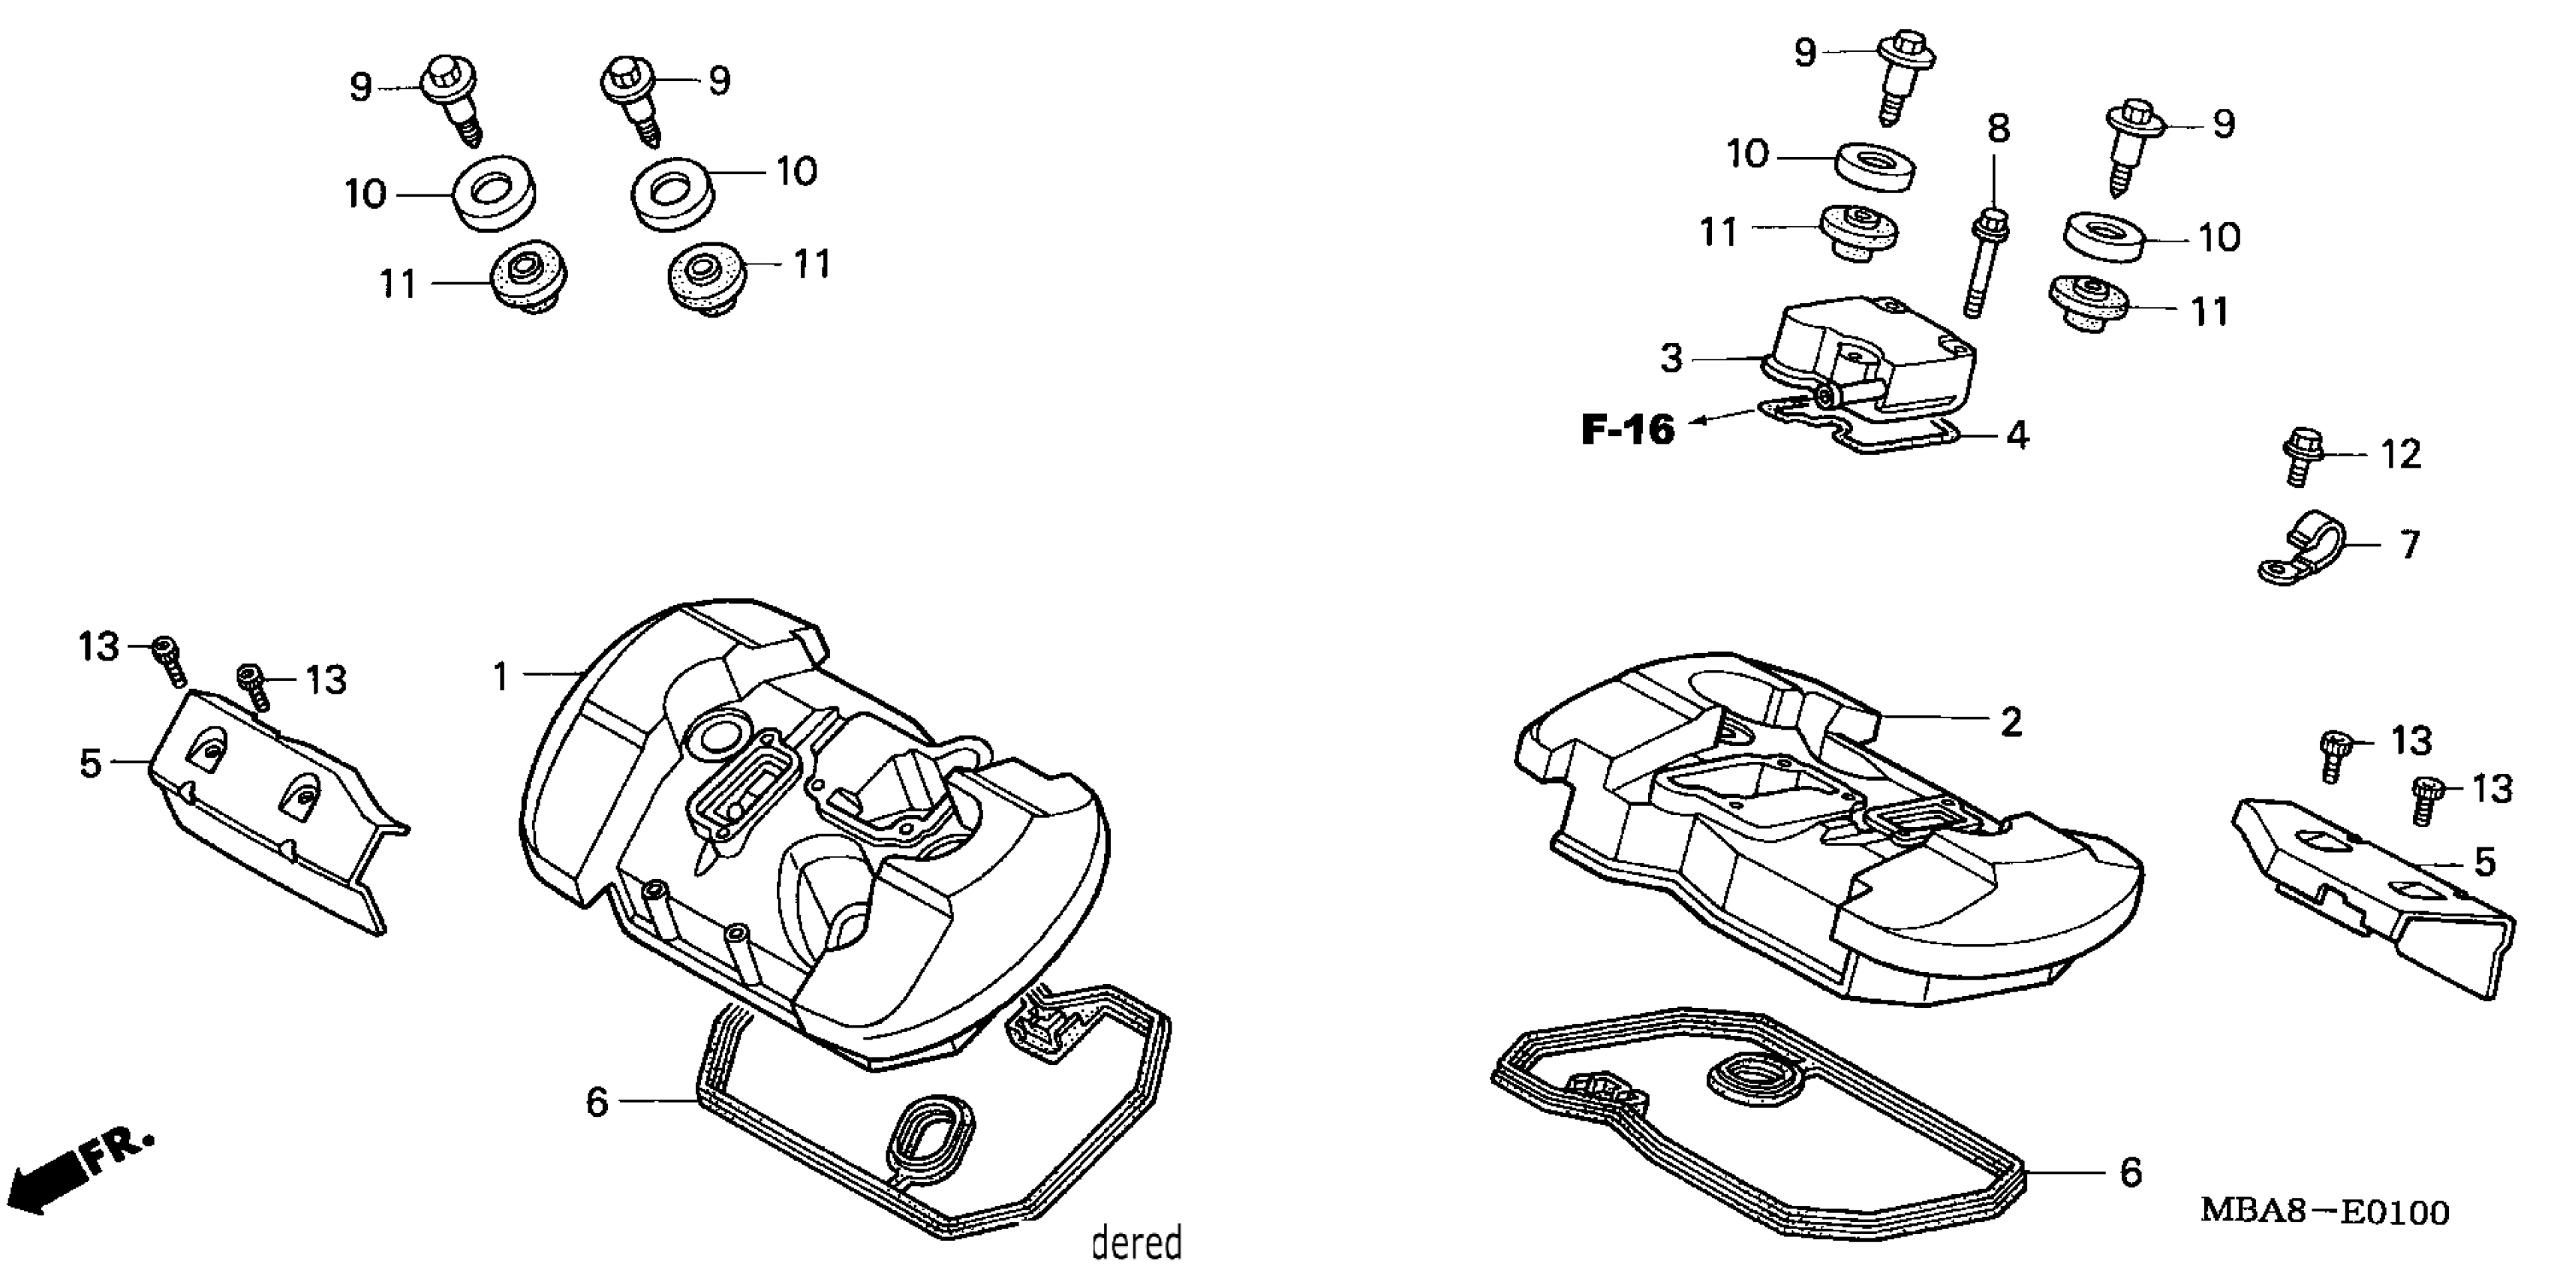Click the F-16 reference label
tap(1628, 429)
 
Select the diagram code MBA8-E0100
tap(2324, 1211)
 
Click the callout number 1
tap(501, 677)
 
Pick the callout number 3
tap(1671, 358)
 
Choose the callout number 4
tap(2017, 435)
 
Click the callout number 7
tap(2410, 544)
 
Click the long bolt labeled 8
tap(1981, 263)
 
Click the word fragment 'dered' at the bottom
tap(1136, 1241)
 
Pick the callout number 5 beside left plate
tap(90, 763)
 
